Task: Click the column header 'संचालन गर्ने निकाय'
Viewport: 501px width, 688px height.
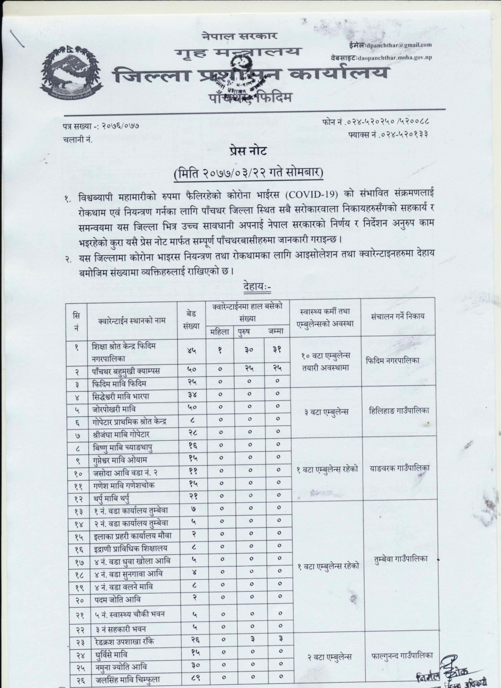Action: coord(399,316)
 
